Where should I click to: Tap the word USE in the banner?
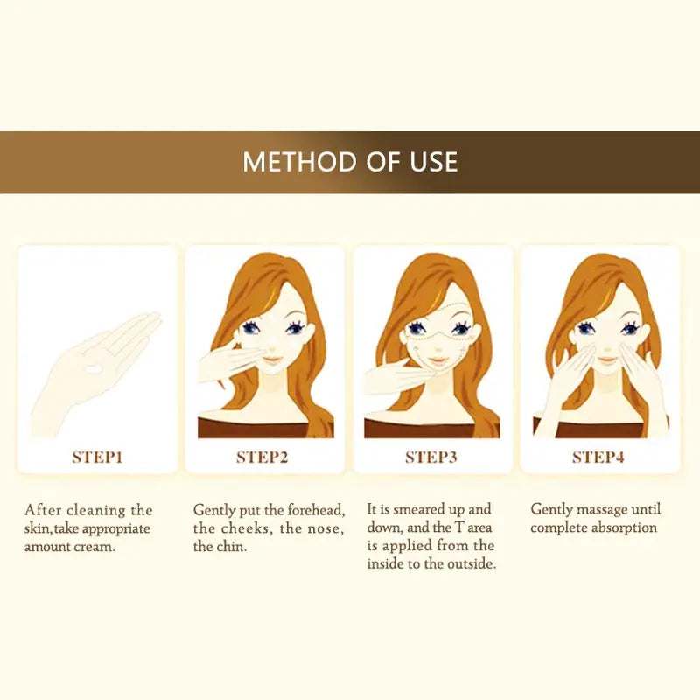tap(434, 162)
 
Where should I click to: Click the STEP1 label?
tap(97, 457)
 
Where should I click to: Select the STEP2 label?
tap(262, 457)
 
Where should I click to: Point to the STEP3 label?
tap(431, 457)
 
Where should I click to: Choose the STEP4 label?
tap(598, 457)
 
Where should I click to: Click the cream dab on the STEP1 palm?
tap(94, 369)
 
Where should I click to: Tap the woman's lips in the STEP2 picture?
tap(270, 359)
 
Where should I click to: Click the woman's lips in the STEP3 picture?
tap(438, 359)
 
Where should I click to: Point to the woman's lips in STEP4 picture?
tap(606, 359)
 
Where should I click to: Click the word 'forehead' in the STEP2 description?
tap(316, 510)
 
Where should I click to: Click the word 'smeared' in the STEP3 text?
tap(420, 509)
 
